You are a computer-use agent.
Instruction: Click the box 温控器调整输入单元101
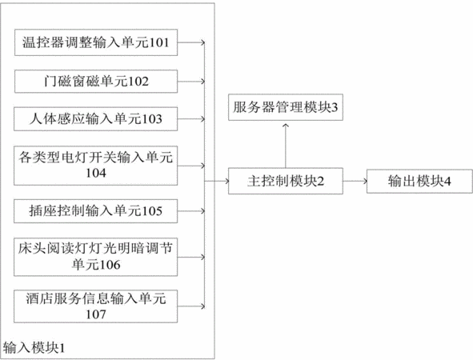click(96, 42)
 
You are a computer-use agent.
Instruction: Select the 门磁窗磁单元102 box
click(96, 82)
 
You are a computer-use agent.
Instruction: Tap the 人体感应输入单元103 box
click(95, 118)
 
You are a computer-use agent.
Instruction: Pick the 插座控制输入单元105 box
click(95, 211)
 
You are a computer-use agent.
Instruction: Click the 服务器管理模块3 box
click(286, 107)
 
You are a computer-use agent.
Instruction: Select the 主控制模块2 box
click(286, 181)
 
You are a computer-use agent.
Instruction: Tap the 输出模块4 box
click(419, 182)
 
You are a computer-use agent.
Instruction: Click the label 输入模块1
click(34, 348)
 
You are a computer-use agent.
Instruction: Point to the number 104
click(96, 173)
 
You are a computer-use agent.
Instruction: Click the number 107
click(96, 314)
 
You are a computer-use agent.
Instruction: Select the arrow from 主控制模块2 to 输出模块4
click(355, 182)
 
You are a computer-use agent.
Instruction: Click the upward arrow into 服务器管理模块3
click(286, 146)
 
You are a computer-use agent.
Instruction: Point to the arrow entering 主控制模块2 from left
click(217, 181)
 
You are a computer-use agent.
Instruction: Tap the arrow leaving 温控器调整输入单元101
click(191, 42)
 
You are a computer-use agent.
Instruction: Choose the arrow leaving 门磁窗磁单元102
click(191, 82)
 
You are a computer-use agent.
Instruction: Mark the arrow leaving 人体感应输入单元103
click(191, 119)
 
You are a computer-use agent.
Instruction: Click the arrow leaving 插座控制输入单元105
click(191, 211)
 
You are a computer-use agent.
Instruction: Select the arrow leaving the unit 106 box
click(191, 257)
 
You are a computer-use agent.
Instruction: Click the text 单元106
click(96, 265)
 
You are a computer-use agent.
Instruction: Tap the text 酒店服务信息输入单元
click(96, 298)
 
